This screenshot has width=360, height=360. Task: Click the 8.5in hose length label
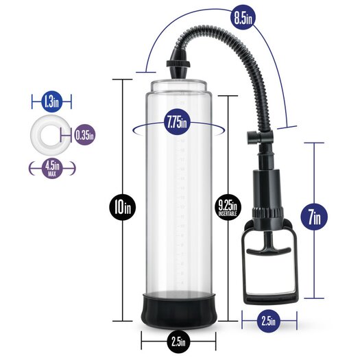(243, 18)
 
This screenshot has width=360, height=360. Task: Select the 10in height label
(122, 207)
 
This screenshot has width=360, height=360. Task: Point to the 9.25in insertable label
(228, 207)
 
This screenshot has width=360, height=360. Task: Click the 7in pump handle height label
(314, 217)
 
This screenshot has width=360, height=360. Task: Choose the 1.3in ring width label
(52, 101)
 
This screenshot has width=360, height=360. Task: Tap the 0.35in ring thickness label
(85, 135)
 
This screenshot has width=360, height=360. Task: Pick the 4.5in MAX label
(52, 168)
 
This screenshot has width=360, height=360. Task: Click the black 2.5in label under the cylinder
(178, 342)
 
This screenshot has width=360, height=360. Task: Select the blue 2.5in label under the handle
(268, 321)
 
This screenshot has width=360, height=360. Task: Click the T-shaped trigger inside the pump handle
(268, 248)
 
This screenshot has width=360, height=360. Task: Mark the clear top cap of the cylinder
(178, 86)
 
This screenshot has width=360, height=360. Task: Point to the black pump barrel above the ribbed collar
(267, 189)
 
